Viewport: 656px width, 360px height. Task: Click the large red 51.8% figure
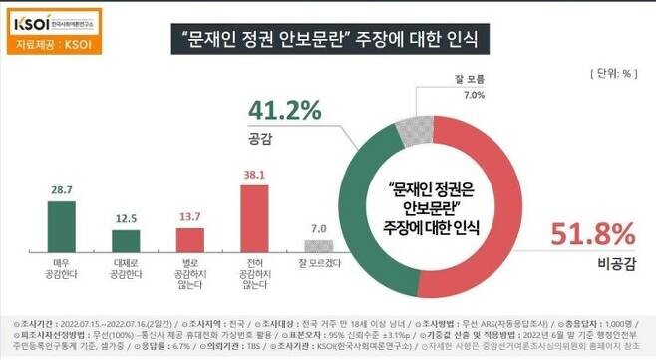(x=593, y=235)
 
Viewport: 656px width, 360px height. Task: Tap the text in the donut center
(x=435, y=207)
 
